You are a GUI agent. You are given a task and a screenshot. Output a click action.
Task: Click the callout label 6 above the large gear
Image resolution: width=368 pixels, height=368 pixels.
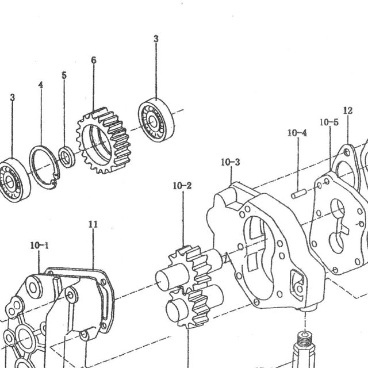[94, 60]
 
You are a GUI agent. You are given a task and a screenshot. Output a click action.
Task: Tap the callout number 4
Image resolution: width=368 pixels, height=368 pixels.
[41, 85]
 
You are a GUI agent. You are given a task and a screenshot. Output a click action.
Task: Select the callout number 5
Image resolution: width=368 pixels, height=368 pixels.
[64, 75]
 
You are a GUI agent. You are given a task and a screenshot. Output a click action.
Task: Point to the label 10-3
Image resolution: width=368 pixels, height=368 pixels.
[231, 162]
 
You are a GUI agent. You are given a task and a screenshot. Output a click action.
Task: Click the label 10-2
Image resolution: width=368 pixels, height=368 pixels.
[182, 186]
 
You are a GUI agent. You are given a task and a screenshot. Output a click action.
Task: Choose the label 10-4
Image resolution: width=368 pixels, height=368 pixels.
[297, 133]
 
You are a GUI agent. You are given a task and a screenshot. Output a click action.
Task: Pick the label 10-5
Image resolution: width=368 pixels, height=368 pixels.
[329, 122]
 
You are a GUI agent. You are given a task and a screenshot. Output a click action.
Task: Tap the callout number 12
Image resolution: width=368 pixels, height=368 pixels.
[348, 110]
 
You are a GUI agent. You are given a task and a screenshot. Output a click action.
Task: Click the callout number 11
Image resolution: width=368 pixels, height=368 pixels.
[93, 224]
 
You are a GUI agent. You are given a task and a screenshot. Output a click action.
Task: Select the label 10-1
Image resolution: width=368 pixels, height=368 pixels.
[40, 246]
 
